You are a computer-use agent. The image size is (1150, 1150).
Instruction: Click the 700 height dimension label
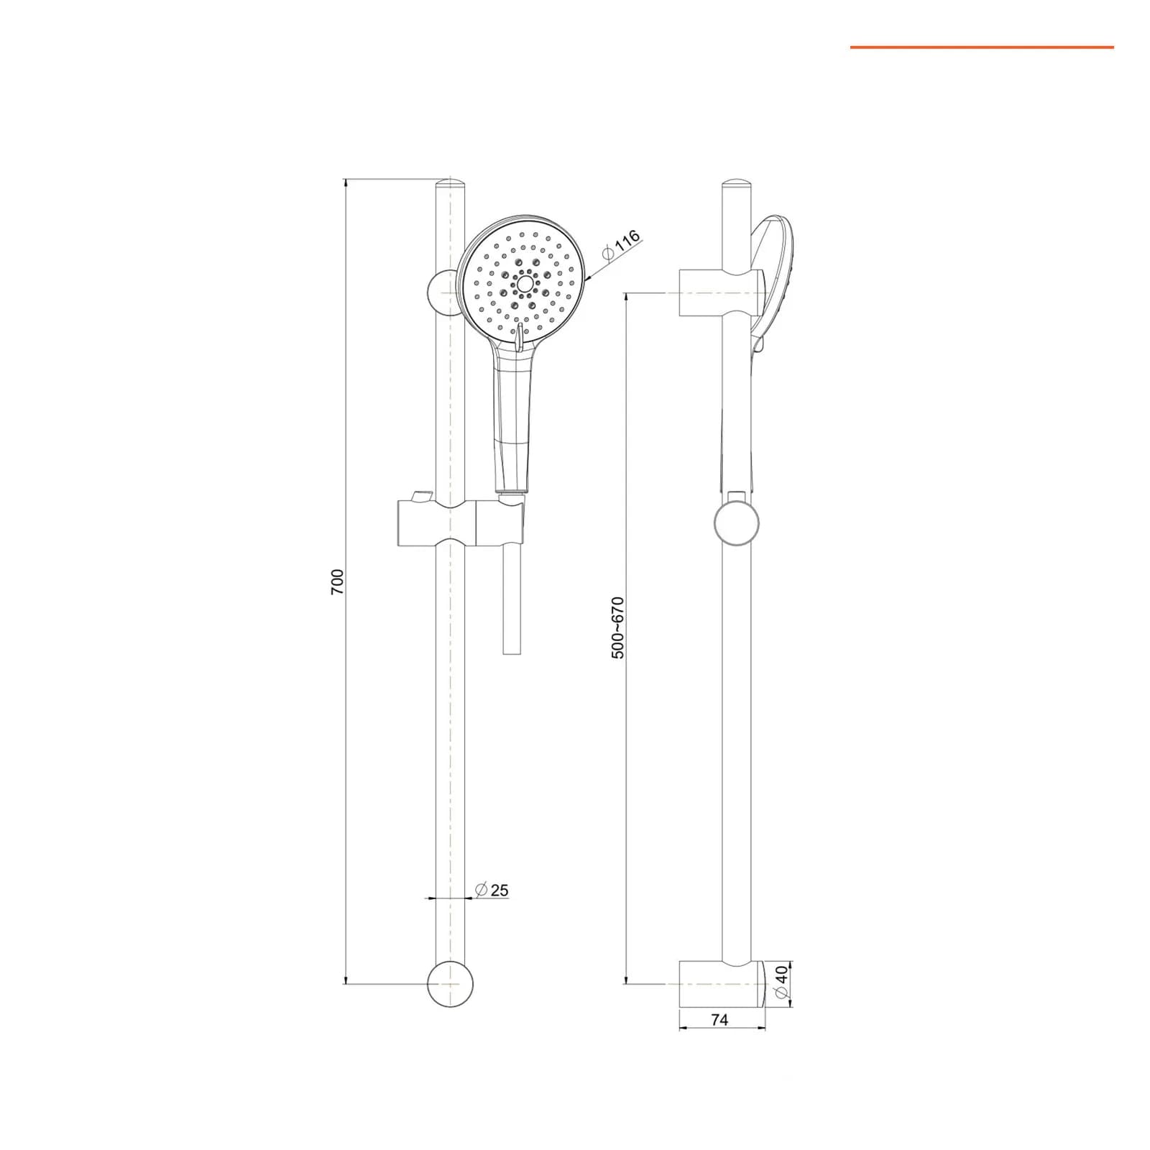338,581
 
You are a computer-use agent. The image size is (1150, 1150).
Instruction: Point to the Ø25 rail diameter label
492,890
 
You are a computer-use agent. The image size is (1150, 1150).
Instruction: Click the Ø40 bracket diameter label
781,980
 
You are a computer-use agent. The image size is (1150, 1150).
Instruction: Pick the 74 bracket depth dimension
719,1019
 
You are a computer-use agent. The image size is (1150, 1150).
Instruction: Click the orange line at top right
982,47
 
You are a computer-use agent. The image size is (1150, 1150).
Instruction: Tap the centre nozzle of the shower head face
525,285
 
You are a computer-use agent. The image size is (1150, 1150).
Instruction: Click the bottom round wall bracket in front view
451,983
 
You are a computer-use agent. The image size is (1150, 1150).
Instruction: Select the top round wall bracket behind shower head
440,293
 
